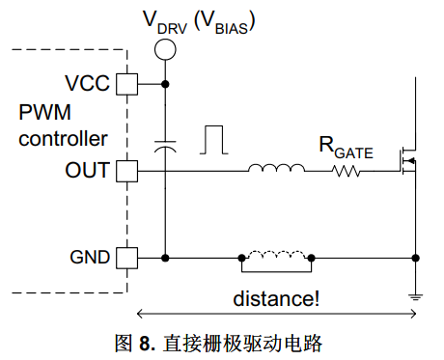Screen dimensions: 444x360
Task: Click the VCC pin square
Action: [126, 84]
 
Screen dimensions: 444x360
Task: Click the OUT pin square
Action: [126, 171]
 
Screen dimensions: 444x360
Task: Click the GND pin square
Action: [126, 258]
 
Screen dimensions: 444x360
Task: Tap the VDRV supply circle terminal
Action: [165, 49]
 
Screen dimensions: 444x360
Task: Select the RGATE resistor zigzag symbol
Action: [347, 171]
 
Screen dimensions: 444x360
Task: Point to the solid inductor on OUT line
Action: [276, 168]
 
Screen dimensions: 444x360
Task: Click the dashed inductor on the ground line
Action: [276, 255]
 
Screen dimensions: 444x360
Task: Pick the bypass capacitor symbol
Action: [165, 147]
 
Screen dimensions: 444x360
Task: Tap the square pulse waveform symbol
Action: [214, 140]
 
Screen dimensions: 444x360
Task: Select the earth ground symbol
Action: [415, 297]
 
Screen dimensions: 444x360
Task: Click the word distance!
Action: [276, 298]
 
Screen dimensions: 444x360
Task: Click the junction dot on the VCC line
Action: [165, 84]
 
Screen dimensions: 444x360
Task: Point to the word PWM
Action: [44, 112]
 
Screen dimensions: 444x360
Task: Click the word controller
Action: [63, 139]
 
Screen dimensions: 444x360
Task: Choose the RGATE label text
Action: [346, 148]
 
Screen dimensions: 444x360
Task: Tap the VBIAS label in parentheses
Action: [225, 22]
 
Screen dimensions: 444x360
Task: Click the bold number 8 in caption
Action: [145, 344]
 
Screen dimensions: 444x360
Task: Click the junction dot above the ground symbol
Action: [415, 258]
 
